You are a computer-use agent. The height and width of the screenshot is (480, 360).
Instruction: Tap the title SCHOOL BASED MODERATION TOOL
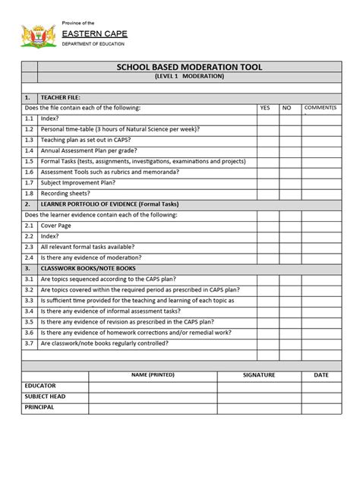point(189,67)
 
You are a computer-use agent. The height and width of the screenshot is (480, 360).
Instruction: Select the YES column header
point(265,108)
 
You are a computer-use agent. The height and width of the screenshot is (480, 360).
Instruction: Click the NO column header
point(286,108)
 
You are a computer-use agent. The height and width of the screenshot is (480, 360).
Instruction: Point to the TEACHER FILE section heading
point(60,97)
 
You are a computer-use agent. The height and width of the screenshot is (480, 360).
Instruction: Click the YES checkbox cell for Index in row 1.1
point(267,118)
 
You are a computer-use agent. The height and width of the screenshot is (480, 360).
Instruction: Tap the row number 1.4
point(29,150)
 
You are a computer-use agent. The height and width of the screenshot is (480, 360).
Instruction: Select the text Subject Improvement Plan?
point(78,182)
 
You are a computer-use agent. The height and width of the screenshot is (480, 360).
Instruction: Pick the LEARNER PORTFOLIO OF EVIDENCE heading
point(109,204)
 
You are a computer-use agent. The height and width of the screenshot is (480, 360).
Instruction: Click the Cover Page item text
point(57,226)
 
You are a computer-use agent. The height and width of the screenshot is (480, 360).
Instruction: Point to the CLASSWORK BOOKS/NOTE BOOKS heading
point(88,268)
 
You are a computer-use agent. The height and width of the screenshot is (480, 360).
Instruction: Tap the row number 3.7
point(29,343)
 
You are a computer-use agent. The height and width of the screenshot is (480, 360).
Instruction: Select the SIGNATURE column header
point(259,375)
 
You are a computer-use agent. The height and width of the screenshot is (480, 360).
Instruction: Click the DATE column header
point(321,375)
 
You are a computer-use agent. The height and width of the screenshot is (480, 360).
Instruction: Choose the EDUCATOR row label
point(40,386)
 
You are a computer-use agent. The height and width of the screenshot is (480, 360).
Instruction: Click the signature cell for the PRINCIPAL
point(259,408)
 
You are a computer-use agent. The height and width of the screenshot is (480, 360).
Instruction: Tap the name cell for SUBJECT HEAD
point(153,396)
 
